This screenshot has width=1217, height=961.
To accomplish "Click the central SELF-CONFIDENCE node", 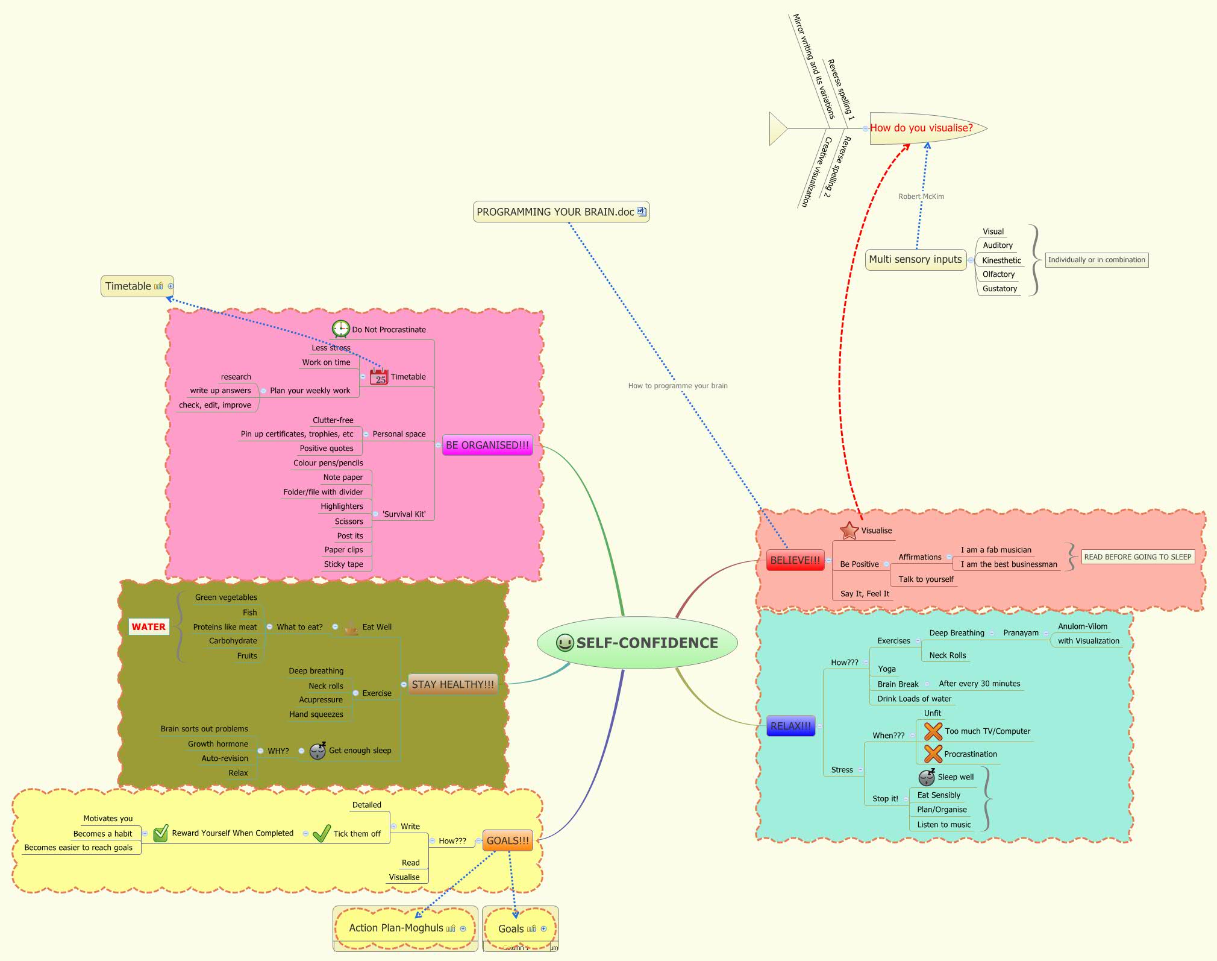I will (637, 643).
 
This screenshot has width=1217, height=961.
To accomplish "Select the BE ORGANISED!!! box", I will (487, 445).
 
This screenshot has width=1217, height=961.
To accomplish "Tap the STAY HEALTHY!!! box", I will (452, 684).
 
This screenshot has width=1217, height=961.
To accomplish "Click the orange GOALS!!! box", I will (507, 840).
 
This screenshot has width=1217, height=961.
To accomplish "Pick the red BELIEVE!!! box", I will (795, 560).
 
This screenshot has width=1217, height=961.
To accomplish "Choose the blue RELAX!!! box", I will (790, 726).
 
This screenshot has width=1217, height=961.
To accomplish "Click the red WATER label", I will (148, 627).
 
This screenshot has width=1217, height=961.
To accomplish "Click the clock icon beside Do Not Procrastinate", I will (341, 329).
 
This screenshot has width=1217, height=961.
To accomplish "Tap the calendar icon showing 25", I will (379, 377).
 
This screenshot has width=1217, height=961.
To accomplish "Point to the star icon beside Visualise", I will (849, 531).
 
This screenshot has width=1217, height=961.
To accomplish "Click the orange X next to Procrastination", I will (933, 754).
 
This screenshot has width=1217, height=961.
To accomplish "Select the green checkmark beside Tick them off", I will (322, 833).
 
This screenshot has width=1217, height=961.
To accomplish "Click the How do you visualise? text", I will (921, 128).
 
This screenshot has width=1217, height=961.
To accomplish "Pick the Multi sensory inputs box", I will (915, 259).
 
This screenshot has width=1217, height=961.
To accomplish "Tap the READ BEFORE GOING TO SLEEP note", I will (1137, 557).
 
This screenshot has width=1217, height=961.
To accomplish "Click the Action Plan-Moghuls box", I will (396, 928).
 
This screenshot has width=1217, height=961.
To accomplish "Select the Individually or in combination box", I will (1096, 260).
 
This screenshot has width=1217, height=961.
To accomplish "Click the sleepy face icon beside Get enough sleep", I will (318, 751).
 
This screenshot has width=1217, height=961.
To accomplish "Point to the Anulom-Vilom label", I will (1082, 626).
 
